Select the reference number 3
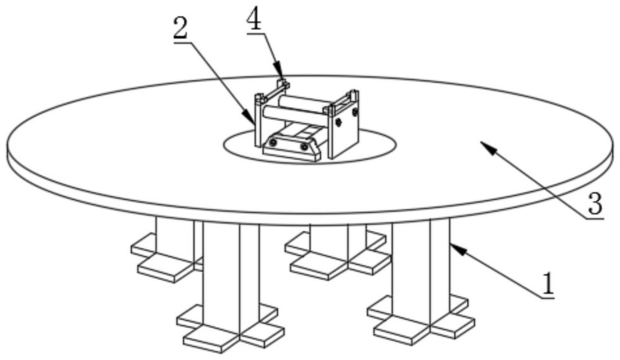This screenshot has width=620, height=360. pos(594,203)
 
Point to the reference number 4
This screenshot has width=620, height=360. pos(254,19)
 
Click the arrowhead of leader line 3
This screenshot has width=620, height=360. pos(482,144)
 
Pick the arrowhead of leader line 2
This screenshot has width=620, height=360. pos(252,121)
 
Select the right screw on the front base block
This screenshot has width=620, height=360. pos(304,147)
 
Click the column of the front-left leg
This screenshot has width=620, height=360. pos(231,266)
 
